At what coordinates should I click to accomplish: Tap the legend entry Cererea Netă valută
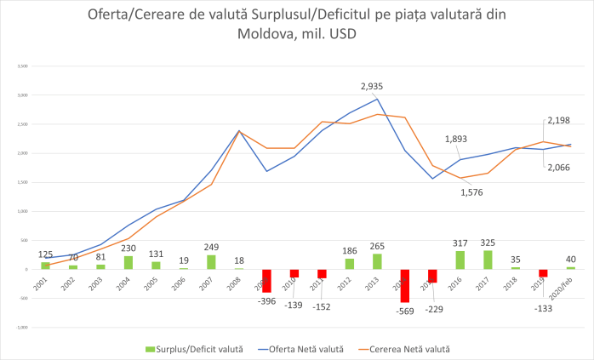[x=408, y=349]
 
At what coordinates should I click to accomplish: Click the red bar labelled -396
[x=266, y=280]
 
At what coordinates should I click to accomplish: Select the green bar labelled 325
[x=487, y=260]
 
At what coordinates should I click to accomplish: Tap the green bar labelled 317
[x=460, y=260]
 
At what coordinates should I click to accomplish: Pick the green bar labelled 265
[x=377, y=261]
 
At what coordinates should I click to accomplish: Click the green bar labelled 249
[x=211, y=262]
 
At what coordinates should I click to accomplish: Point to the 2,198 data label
[x=559, y=122]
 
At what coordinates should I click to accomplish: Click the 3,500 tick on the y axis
[x=23, y=66]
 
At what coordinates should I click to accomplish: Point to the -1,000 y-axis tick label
[x=22, y=327]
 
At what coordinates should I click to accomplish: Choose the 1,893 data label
[x=458, y=140]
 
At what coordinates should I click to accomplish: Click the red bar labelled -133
[x=543, y=273]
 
